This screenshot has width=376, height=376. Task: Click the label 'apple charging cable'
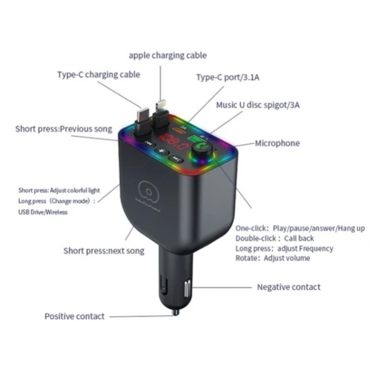(167, 55)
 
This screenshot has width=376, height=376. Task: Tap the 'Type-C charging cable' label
(98, 75)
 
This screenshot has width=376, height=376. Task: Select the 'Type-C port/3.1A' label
(228, 77)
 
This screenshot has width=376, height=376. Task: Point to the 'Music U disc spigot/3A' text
(258, 105)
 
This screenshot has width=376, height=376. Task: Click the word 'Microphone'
(277, 143)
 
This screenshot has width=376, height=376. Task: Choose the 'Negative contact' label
(289, 287)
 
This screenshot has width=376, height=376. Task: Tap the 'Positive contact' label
(75, 316)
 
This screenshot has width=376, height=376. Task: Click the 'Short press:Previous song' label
(63, 129)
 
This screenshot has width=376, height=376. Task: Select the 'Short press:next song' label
(104, 251)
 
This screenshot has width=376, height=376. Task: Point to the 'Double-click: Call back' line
(274, 238)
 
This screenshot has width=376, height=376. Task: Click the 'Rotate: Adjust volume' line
(273, 258)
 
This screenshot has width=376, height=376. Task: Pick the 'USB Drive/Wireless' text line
(43, 212)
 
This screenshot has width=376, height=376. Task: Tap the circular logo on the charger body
(149, 192)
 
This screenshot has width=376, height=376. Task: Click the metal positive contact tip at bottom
(176, 312)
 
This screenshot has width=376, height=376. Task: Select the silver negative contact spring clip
(187, 289)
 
